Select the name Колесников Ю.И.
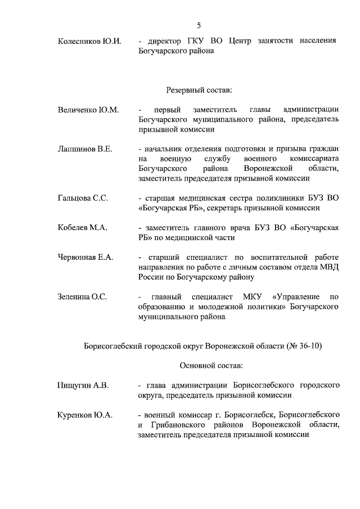point(89,41)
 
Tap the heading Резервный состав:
point(199,89)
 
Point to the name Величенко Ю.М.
point(88,110)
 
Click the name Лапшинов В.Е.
point(85,149)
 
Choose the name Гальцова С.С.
point(83,198)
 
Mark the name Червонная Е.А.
point(85,257)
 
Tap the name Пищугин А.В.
point(83,386)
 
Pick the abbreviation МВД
point(327,267)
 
